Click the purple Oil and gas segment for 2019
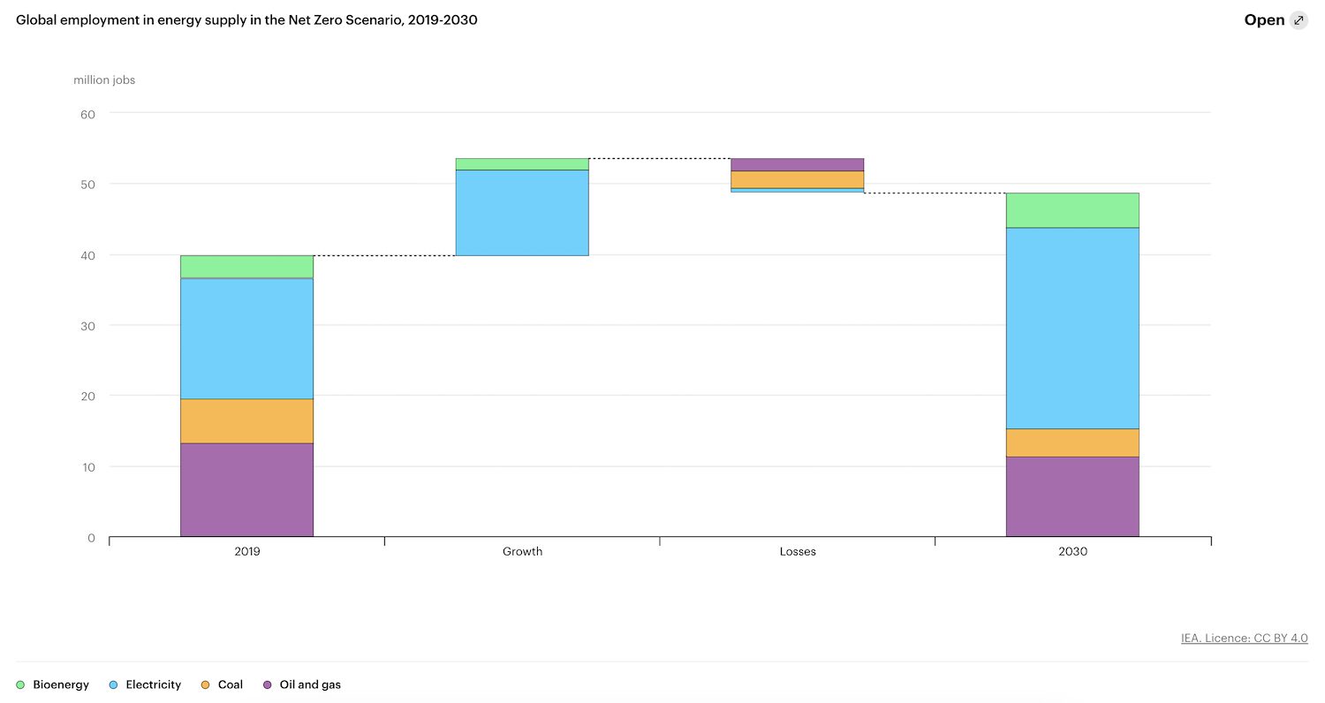click(x=246, y=489)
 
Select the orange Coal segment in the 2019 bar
click(x=246, y=420)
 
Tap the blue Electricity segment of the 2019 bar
click(x=246, y=338)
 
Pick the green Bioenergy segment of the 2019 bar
click(x=246, y=267)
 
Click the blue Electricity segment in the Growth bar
click(x=522, y=212)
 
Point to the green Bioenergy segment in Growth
click(x=522, y=164)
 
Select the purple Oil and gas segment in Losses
click(x=798, y=164)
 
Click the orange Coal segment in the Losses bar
click(x=798, y=179)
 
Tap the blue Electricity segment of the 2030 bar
click(x=1072, y=328)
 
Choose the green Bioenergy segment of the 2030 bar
click(x=1072, y=210)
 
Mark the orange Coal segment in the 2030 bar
click(x=1072, y=442)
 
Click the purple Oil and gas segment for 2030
click(x=1072, y=496)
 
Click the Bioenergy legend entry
click(x=53, y=684)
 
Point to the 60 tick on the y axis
click(x=88, y=113)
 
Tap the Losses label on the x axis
click(x=798, y=551)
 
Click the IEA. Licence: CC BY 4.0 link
click(x=1244, y=638)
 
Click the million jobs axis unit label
click(x=104, y=80)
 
